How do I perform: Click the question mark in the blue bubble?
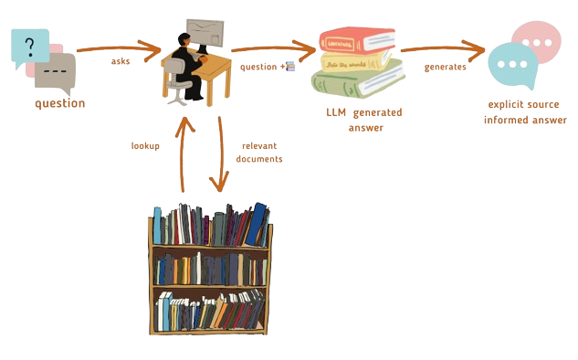(32, 43)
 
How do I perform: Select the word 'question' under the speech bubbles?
(59, 103)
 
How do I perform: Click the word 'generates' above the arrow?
(446, 67)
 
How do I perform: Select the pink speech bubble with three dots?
(534, 40)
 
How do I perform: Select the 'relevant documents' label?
(261, 152)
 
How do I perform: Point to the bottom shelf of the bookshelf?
(211, 311)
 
